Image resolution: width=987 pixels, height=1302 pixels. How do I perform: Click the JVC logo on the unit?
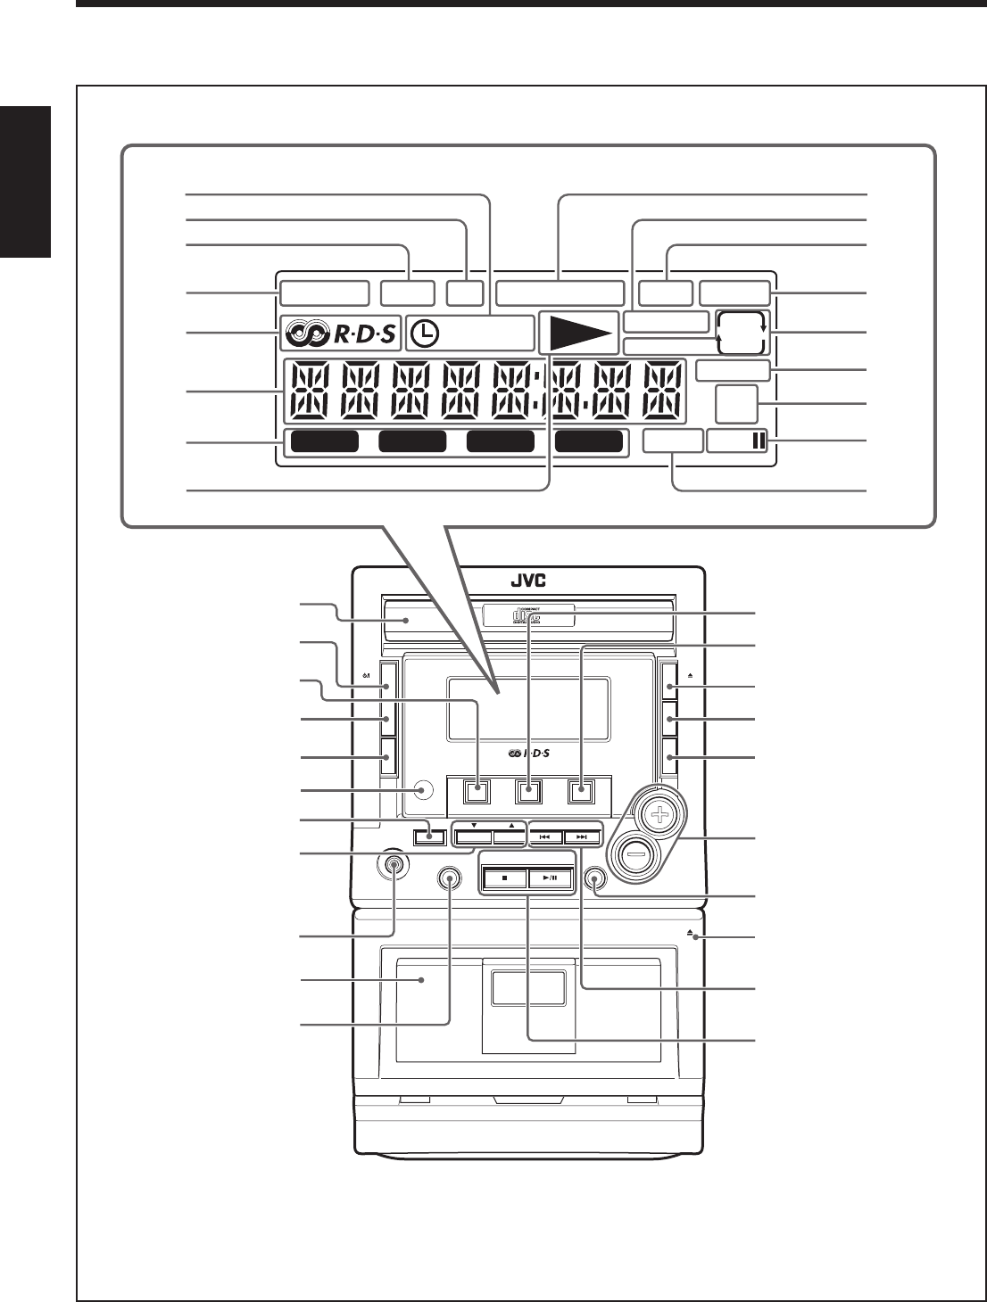(527, 581)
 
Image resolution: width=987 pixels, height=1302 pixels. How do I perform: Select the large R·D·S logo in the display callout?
(339, 334)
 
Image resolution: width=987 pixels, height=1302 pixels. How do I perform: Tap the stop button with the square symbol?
(503, 878)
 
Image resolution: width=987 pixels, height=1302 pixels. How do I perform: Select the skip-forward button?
(582, 837)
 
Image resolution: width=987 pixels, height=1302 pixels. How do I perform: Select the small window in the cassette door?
(527, 990)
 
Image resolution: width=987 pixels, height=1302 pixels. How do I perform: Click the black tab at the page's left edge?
(25, 183)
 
